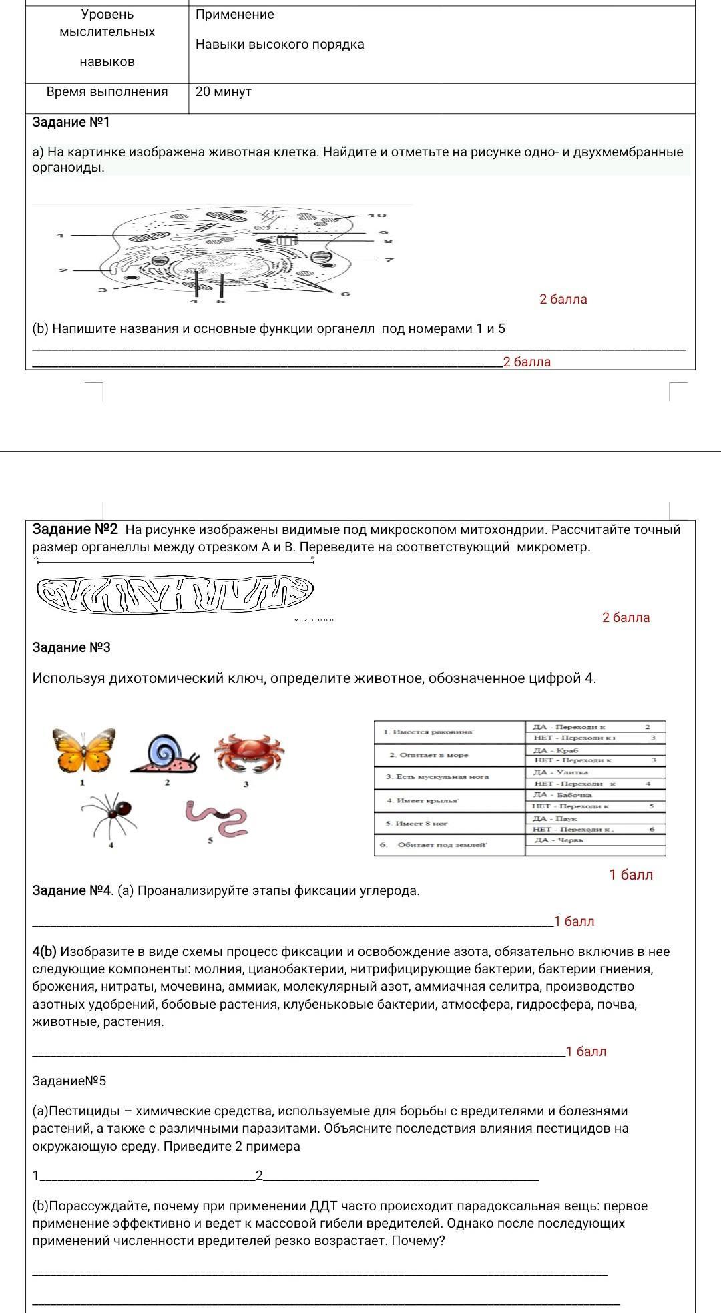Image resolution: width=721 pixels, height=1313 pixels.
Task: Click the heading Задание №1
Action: coord(71,123)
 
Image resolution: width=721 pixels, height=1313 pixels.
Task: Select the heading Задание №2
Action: coord(75,530)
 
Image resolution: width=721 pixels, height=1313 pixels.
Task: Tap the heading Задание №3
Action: coord(71,648)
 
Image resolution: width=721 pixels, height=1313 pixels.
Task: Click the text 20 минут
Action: coord(224,92)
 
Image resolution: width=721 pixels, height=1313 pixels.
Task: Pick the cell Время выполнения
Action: coord(107,92)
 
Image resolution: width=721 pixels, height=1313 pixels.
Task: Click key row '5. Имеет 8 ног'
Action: coord(407,824)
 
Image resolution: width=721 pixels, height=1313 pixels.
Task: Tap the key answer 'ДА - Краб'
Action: coord(555,751)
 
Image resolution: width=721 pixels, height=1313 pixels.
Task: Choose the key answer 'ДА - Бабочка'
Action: coord(562,795)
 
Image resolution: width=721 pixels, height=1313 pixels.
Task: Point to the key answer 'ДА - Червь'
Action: coord(559,840)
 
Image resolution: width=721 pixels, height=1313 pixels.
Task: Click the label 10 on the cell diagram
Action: coord(377,216)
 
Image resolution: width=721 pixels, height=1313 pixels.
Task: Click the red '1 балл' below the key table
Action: coord(631,875)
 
